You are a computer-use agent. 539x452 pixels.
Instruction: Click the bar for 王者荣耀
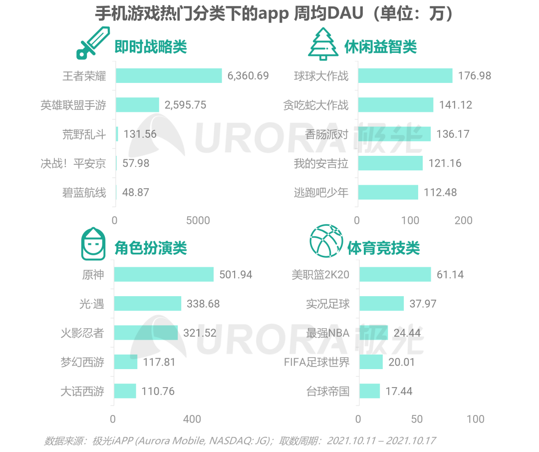(169, 76)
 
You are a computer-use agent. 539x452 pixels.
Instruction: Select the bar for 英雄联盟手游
(137, 105)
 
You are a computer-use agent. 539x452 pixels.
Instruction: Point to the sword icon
(93, 43)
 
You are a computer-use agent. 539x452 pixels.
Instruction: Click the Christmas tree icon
(323, 44)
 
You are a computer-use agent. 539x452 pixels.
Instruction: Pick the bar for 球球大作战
(405, 76)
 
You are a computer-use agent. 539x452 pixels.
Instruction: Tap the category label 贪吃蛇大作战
(316, 105)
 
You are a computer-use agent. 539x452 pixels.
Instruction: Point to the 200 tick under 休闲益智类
(463, 220)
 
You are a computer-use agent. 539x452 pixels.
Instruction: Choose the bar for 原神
(164, 274)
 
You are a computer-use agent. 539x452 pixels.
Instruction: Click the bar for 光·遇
(148, 304)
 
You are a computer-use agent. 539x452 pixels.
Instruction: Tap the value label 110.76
(158, 391)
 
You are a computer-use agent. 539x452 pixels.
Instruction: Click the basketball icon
(326, 241)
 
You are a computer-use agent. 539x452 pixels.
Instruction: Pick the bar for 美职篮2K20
(395, 274)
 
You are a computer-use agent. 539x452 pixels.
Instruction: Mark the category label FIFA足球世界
(317, 362)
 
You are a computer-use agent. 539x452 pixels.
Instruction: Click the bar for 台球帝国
(369, 391)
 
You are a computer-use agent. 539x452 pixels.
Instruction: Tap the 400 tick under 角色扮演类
(192, 419)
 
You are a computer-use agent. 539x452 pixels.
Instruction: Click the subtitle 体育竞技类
(383, 248)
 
